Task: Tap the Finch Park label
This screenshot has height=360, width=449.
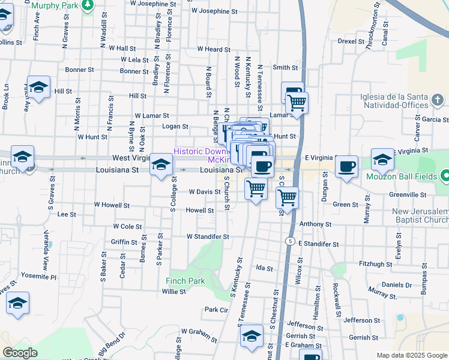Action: [185, 281]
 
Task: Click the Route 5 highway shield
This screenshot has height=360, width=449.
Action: [291, 241]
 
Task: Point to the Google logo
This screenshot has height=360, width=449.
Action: [20, 353]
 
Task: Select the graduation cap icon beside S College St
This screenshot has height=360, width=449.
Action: [161, 164]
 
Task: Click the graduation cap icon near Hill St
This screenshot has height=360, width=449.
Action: [38, 87]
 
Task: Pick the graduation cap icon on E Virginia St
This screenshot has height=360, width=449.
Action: [382, 159]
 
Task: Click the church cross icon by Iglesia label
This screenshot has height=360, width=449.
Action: [438, 99]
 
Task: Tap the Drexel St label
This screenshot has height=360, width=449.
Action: [351, 41]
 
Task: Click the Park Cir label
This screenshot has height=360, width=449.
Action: [217, 310]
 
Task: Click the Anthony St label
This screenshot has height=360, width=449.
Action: [312, 224]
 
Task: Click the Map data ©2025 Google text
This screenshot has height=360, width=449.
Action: [412, 355]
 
